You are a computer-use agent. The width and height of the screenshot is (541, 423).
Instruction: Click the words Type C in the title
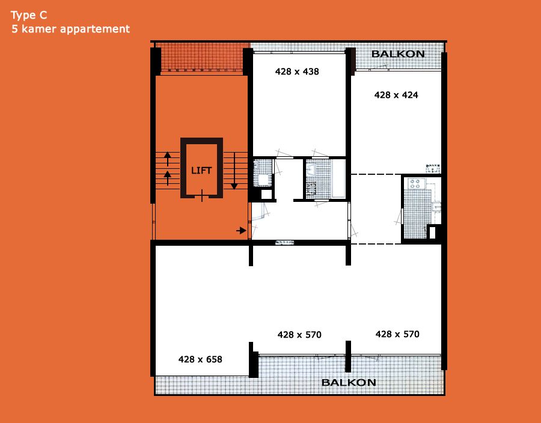(29, 15)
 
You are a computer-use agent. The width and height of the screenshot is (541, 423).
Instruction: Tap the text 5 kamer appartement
(71, 29)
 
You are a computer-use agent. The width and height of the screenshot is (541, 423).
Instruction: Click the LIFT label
(201, 170)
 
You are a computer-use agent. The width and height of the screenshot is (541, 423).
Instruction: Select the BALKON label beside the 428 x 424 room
(398, 54)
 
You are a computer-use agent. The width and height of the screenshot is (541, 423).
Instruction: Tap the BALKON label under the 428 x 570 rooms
(349, 382)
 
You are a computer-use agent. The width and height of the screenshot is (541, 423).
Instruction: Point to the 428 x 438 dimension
(297, 72)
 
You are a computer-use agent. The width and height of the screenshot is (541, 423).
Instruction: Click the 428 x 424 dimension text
(396, 95)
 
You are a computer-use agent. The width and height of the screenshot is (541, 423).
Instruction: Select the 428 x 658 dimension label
(200, 359)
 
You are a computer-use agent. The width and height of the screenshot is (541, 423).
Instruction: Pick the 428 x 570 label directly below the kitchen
(397, 334)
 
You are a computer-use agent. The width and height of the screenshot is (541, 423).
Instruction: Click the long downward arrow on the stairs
(234, 171)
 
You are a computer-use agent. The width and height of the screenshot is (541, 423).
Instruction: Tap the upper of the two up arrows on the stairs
(167, 159)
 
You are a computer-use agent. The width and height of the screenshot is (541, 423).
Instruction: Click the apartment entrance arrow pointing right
(241, 230)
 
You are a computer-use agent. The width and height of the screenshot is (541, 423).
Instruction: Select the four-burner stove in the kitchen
(415, 183)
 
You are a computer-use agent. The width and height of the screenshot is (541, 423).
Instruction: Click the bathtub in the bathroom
(338, 178)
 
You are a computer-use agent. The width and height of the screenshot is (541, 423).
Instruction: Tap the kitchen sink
(436, 207)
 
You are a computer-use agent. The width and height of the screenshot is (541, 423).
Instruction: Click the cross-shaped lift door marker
(202, 195)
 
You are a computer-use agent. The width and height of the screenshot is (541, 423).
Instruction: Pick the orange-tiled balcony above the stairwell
(202, 57)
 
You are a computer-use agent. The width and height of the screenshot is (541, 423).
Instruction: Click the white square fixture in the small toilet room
(264, 180)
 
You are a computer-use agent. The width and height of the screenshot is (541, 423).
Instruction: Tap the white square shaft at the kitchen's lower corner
(432, 232)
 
